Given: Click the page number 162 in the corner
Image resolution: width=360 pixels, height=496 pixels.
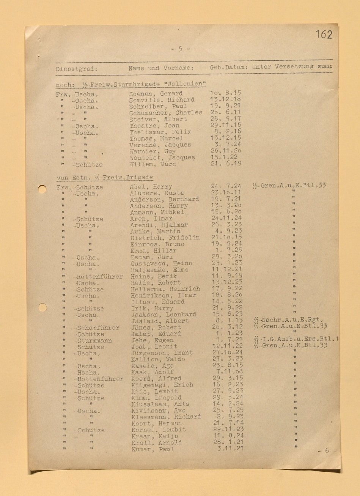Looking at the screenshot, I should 324,35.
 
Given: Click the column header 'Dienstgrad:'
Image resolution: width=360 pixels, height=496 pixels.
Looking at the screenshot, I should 77,69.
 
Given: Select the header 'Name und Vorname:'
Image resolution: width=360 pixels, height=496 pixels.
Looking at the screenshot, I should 161,68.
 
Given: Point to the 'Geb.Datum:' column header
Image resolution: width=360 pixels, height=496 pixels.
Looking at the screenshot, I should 229,67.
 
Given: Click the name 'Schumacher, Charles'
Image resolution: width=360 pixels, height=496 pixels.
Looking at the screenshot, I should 165,113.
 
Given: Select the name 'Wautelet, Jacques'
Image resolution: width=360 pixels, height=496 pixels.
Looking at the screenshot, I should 162,157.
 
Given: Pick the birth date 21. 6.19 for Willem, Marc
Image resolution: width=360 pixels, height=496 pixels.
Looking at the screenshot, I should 226,164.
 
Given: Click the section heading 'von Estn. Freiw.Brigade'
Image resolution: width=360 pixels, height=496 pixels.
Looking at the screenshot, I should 105,177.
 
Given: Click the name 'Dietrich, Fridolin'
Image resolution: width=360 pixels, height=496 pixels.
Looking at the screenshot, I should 165,238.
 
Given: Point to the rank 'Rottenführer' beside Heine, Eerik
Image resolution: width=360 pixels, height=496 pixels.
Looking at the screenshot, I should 99,277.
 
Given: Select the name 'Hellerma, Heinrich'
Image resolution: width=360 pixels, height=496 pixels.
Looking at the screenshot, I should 165,289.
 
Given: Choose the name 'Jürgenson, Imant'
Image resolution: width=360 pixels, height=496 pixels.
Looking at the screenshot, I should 162,353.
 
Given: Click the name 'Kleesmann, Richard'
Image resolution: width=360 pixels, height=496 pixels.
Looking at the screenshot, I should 166,416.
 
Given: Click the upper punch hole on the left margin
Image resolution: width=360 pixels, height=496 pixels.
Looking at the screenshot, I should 42,189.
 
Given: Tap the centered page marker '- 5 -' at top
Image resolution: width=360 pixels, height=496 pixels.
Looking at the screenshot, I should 180,49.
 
